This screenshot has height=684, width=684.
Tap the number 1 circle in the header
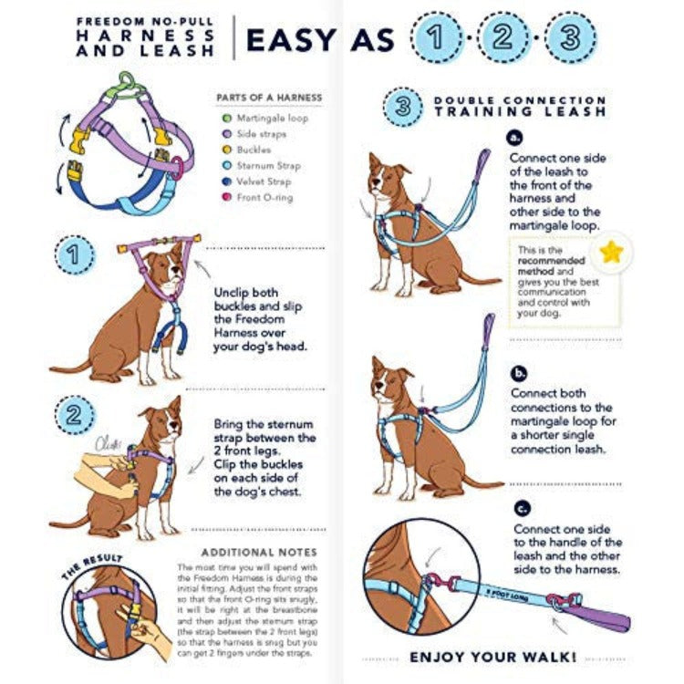pyautogui.click(x=437, y=38)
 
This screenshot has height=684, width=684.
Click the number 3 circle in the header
pyautogui.click(x=569, y=38)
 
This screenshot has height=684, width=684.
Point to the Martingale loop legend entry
pyautogui.click(x=273, y=119)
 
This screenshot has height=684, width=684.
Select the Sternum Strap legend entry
pyautogui.click(x=269, y=166)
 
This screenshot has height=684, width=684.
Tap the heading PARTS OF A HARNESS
pyautogui.click(x=268, y=98)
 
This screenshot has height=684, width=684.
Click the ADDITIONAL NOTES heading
pyautogui.click(x=259, y=552)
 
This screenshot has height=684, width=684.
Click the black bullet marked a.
pyautogui.click(x=517, y=139)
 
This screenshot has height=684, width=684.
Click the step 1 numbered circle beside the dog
pyautogui.click(x=74, y=254)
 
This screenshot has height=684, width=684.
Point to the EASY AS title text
pyautogui.click(x=320, y=40)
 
